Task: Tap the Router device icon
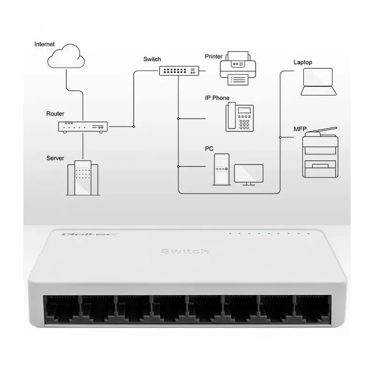83,126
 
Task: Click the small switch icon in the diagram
178,71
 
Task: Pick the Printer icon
237,68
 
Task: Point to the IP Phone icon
240,117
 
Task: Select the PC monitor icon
248,174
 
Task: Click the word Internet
44,44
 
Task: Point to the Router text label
55,114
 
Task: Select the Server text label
55,158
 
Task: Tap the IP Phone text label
217,98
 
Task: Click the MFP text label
300,129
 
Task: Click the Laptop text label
302,62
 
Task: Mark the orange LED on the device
230,233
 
